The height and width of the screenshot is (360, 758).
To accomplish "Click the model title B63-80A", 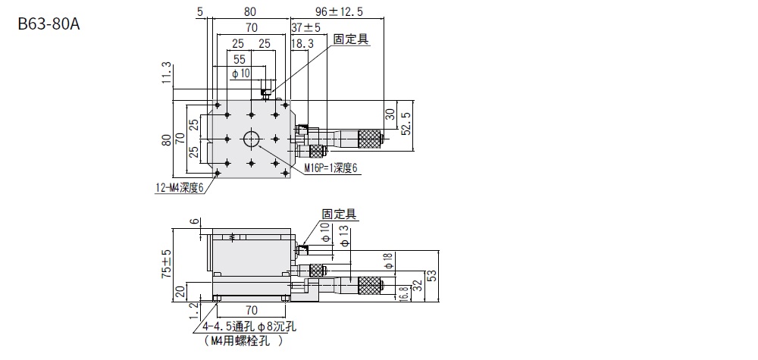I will coord(49,23).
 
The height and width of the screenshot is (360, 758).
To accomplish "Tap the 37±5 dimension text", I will coord(305,28).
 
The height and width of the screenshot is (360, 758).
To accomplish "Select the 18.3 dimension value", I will coord(302,44).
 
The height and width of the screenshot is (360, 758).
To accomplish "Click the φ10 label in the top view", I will coord(240,73).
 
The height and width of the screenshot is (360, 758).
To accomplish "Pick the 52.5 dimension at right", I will coord(406,121).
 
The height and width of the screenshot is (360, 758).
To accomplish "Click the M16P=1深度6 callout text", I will coord(330,167).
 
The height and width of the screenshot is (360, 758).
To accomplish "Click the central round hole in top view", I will coord(251,139).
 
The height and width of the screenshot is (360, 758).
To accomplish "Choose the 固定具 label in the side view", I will coord(338,215).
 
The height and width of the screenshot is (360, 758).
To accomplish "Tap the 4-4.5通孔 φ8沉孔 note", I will coord(249,327).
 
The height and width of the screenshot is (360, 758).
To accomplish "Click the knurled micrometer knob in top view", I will coord(369,138).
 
